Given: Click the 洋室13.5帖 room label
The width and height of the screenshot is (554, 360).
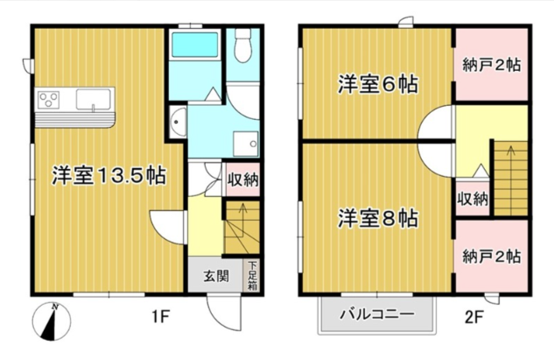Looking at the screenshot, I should [109, 174].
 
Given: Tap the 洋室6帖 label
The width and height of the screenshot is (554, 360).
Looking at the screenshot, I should [378, 85].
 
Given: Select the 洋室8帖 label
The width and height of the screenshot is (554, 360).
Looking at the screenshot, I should [378, 218].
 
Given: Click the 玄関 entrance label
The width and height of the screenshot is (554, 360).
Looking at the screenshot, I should [216, 277].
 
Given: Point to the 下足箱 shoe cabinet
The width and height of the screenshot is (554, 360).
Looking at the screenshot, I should [252, 275].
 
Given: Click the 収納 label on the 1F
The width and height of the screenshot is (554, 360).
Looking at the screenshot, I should [242, 180].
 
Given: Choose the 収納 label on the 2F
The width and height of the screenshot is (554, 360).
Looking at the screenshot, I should [472, 198].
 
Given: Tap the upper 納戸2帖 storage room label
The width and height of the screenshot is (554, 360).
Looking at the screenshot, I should [492, 65].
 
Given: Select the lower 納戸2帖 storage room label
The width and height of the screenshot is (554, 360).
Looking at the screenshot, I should [492, 257].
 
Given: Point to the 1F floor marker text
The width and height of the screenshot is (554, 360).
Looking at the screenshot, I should [158, 312].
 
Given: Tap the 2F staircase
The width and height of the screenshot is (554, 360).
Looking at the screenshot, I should [508, 175].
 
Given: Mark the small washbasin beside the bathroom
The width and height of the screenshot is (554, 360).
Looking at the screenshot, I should [178, 122].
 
